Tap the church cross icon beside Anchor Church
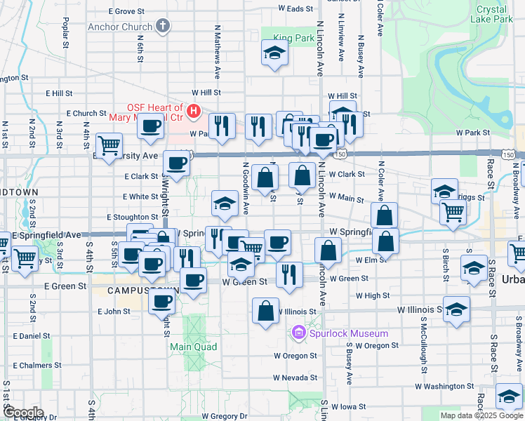point(163,27)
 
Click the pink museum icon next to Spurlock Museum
point(299,331)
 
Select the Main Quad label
point(192,347)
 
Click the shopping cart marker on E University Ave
point(109,146)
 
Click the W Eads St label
point(295,8)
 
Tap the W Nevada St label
point(295,377)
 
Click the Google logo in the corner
point(22,413)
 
